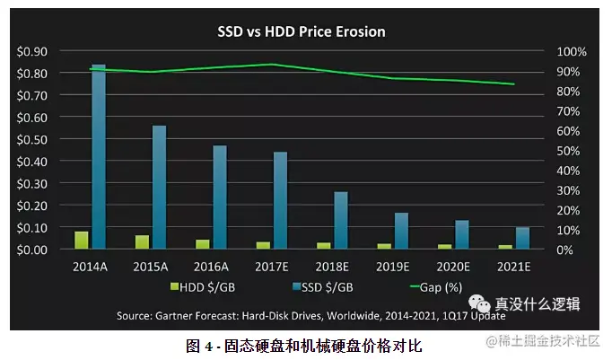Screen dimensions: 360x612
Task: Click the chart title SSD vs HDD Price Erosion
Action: tap(302, 32)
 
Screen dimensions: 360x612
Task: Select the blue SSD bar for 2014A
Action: tap(99, 157)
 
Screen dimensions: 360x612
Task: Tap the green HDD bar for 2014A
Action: tap(82, 240)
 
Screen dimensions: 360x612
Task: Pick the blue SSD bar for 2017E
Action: tap(280, 200)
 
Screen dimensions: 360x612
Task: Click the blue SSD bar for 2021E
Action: tap(522, 238)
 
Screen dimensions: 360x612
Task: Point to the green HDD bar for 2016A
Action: tap(203, 243)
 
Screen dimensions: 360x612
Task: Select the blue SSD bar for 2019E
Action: tap(401, 231)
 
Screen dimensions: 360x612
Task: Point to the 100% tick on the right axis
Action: tap(572, 52)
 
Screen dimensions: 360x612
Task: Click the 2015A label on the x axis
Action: tap(152, 267)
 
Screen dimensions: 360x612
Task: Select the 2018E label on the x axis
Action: tap(333, 267)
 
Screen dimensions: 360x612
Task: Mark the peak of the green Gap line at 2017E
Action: tap(272, 65)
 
